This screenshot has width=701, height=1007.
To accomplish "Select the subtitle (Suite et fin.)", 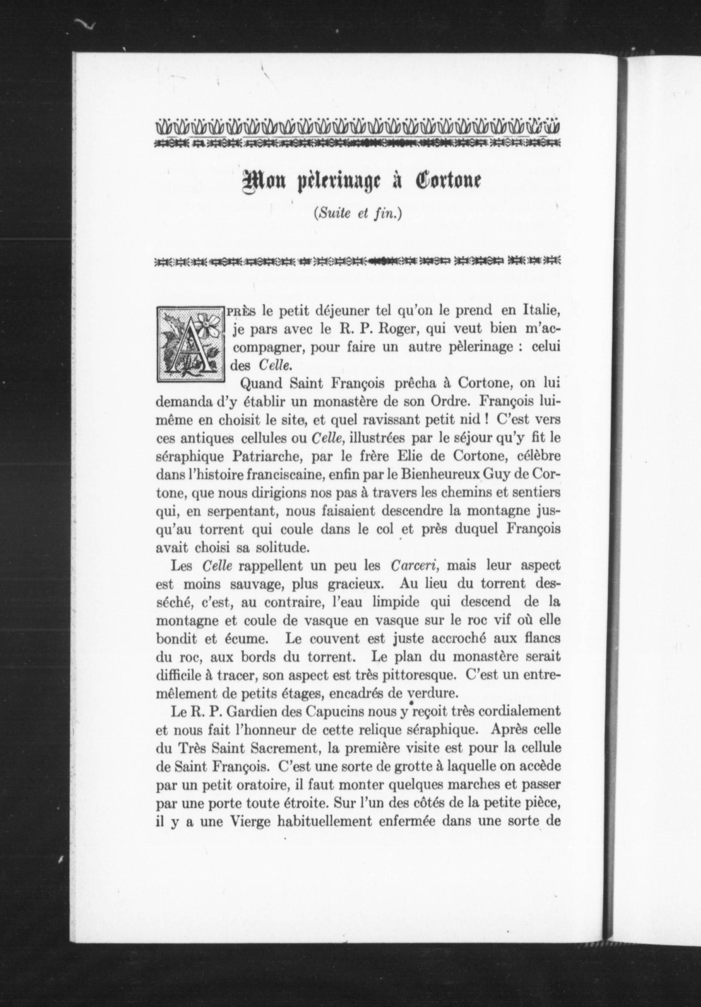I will [x=358, y=213].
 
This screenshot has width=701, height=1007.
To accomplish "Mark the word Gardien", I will [x=237, y=711].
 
